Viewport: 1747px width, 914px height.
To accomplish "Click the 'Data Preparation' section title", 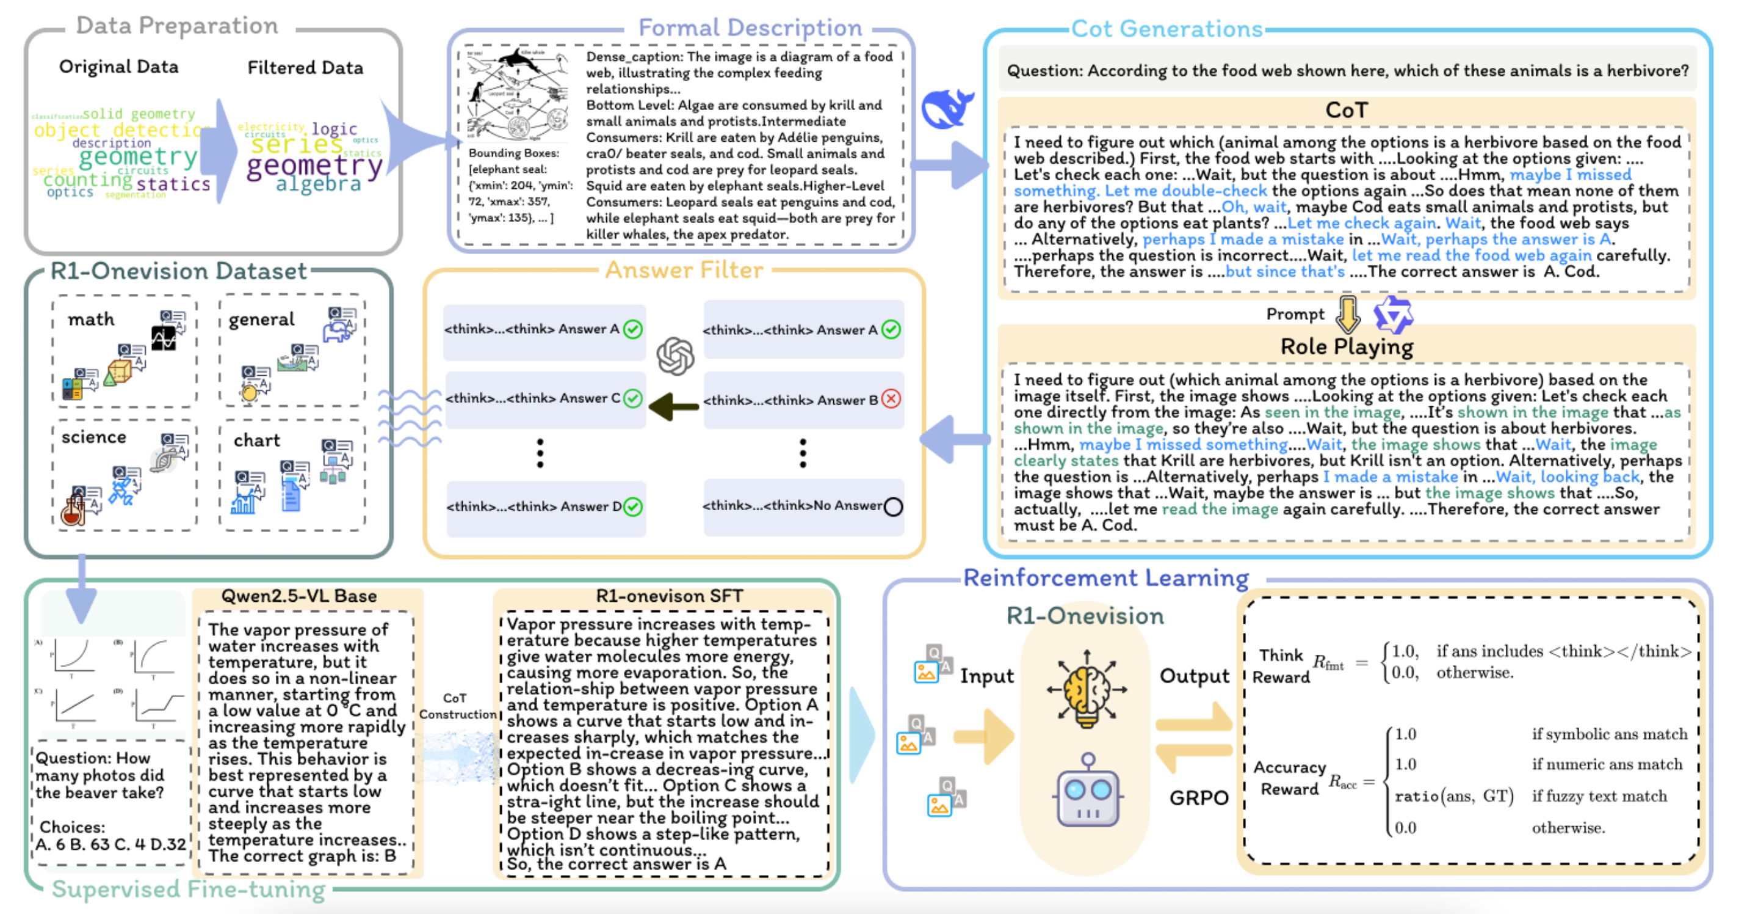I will click(x=177, y=26).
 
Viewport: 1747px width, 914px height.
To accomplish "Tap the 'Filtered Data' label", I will click(x=305, y=68).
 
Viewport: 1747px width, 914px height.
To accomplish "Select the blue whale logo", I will click(x=947, y=109).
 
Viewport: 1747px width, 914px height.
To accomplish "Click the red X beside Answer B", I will click(x=891, y=399).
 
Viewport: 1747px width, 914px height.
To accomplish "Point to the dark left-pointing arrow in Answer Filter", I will click(x=673, y=406).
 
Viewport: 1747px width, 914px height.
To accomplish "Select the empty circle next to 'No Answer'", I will click(x=893, y=506).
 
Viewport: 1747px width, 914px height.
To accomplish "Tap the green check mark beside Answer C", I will click(x=633, y=398).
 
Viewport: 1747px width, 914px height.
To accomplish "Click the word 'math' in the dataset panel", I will click(x=91, y=320).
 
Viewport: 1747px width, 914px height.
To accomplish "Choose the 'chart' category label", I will click(x=256, y=441).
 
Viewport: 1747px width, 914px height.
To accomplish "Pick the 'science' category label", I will click(x=93, y=437).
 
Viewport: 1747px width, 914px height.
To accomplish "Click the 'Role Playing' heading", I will click(x=1346, y=347).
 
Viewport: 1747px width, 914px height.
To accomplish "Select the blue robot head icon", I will click(x=1088, y=792).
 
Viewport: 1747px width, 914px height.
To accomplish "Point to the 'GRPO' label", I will click(x=1198, y=797).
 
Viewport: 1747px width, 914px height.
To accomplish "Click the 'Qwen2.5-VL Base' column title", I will click(x=299, y=596).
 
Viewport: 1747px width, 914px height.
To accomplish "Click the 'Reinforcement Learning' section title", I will click(x=1105, y=578).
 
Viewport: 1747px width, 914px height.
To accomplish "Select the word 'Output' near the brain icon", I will click(x=1195, y=676).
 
